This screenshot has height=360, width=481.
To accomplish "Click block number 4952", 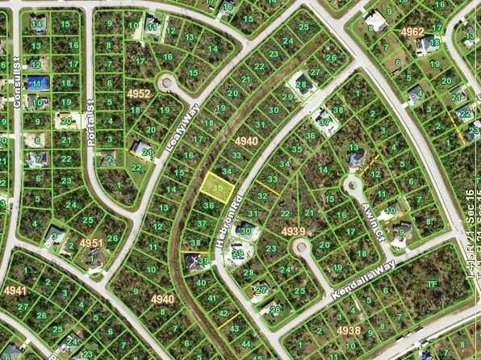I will [139, 94].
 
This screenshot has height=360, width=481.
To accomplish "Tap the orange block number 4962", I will [412, 31].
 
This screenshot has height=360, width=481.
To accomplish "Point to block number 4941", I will [15, 290].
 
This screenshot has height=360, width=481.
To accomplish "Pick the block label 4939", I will [293, 231].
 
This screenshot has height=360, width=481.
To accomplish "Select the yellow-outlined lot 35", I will [215, 186].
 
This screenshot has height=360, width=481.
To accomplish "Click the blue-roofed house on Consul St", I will [36, 82].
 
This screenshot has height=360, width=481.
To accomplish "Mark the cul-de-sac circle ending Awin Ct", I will [353, 187].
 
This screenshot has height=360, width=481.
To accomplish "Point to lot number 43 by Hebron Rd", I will [233, 329].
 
